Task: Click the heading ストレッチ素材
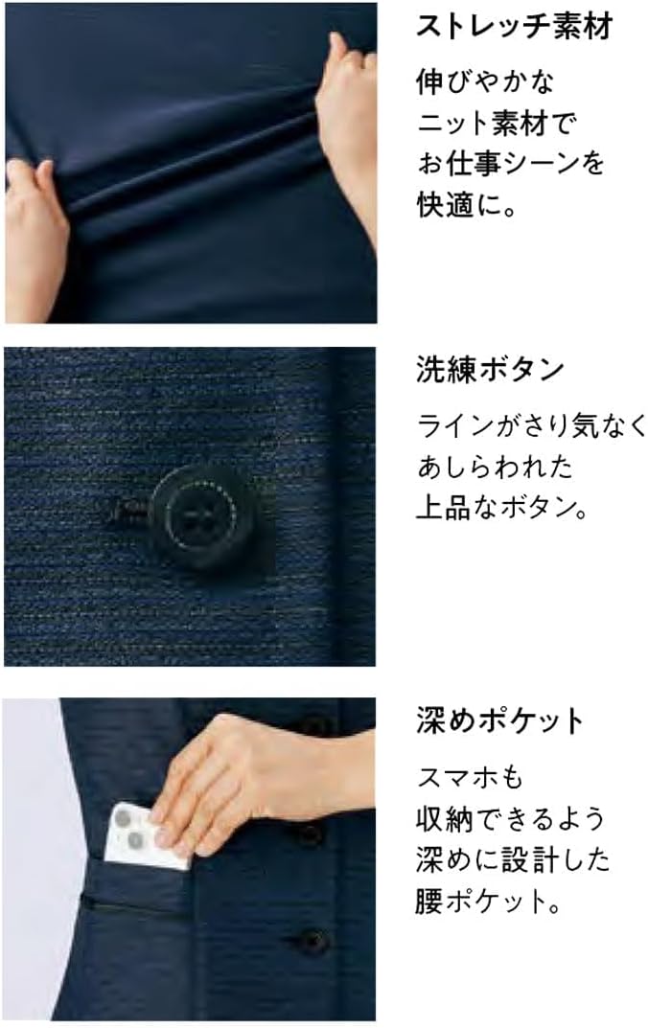(x=513, y=26)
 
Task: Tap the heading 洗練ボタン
(x=489, y=370)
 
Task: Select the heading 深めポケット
(x=499, y=720)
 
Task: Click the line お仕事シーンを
(x=511, y=163)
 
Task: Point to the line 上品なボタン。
(x=501, y=508)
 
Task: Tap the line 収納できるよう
(x=511, y=818)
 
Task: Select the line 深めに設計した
(x=512, y=860)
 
